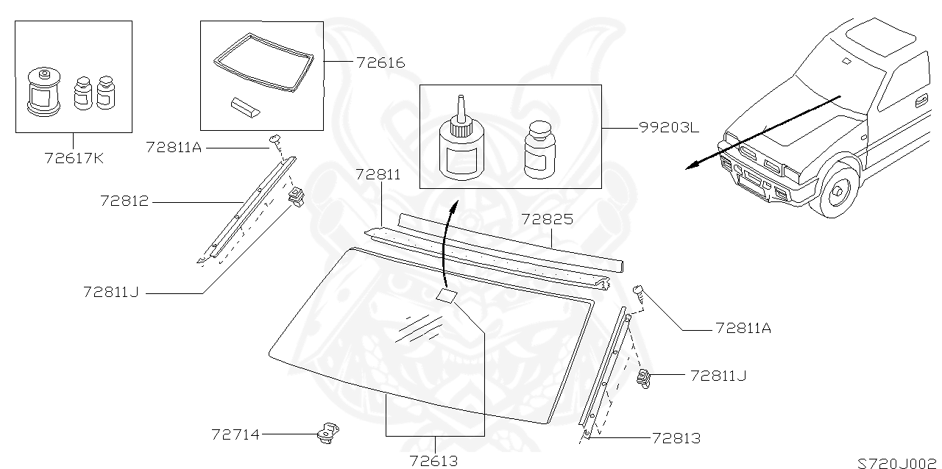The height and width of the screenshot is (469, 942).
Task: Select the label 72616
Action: (x=380, y=62)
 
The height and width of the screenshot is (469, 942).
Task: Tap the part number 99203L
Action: (x=669, y=127)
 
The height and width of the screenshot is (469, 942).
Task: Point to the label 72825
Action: (x=547, y=219)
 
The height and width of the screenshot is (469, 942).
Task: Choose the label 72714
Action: (x=235, y=434)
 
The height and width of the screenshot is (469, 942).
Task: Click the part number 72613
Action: (x=433, y=461)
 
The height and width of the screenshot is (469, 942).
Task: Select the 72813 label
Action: (x=676, y=439)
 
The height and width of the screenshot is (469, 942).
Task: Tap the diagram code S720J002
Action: (x=899, y=462)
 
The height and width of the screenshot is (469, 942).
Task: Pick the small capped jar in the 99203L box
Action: (x=539, y=150)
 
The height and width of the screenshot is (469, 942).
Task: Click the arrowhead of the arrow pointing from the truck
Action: (x=690, y=166)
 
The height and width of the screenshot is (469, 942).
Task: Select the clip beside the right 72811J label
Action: (x=645, y=379)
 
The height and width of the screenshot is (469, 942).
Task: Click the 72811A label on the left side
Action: (x=174, y=146)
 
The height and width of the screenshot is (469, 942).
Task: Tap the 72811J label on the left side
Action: (x=110, y=292)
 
